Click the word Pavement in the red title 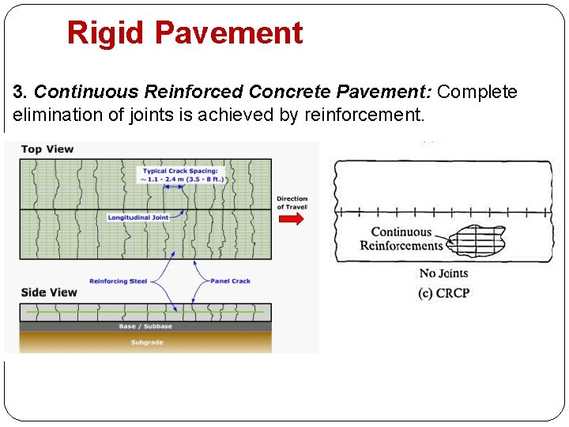pos(228,33)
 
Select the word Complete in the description pos(477,93)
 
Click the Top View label pos(47,149)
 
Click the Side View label pos(49,293)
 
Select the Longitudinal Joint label pos(138,217)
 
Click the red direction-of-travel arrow pos(291,218)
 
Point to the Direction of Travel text pos(292,202)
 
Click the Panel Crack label pos(231,281)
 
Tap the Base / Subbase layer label pos(145,327)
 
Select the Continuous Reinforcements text pos(401,239)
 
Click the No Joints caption pos(439,274)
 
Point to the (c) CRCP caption pos(443,293)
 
